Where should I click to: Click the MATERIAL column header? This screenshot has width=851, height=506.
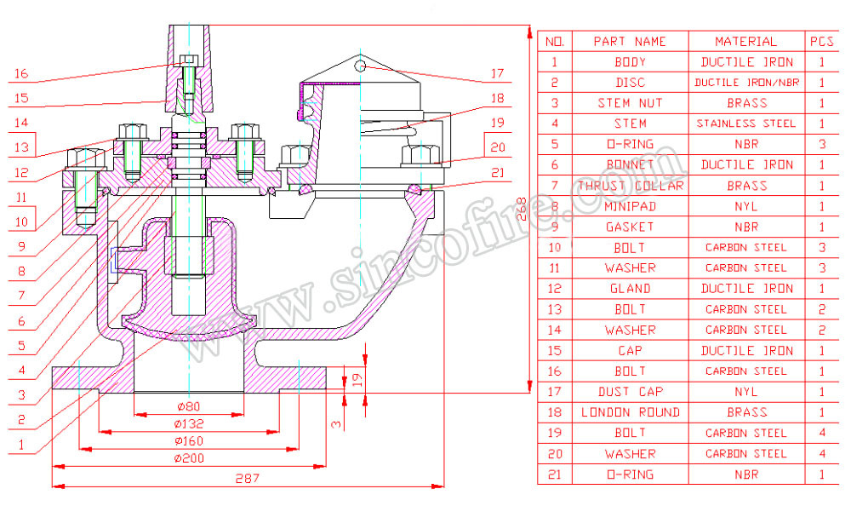pyautogui.click(x=745, y=41)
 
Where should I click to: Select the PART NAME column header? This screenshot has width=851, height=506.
pyautogui.click(x=630, y=41)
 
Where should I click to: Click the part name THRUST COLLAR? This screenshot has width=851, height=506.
pyautogui.click(x=630, y=186)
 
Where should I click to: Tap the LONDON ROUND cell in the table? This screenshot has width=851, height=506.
pyautogui.click(x=630, y=412)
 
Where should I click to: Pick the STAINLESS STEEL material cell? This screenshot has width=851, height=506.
pyautogui.click(x=745, y=124)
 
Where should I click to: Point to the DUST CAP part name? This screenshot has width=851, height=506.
pyautogui.click(x=630, y=392)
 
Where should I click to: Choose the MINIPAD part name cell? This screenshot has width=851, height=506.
pyautogui.click(x=630, y=206)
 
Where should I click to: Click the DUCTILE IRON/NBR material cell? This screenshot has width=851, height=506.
pyautogui.click(x=745, y=83)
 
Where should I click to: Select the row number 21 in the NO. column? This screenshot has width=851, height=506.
pyautogui.click(x=555, y=474)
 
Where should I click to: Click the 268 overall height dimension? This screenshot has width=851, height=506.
pyautogui.click(x=523, y=210)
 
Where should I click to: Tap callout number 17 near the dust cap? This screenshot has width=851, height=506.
pyautogui.click(x=497, y=73)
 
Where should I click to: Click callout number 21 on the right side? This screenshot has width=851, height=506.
pyautogui.click(x=497, y=173)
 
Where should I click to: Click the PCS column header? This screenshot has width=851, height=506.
pyautogui.click(x=821, y=41)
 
